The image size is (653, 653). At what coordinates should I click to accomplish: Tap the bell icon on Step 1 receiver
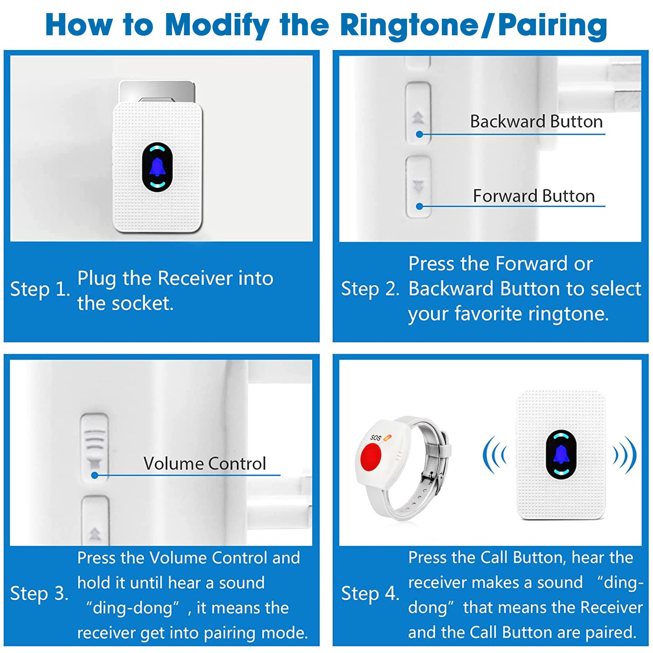pyautogui.click(x=157, y=167)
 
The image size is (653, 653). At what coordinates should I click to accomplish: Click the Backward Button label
pyautogui.click(x=536, y=121)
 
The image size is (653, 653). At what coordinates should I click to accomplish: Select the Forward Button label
pyautogui.click(x=534, y=196)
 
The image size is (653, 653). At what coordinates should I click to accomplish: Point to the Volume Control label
pyautogui.click(x=205, y=464)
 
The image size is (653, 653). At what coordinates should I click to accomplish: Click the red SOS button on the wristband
pyautogui.click(x=371, y=457)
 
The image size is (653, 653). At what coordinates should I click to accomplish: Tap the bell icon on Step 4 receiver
pyautogui.click(x=561, y=454)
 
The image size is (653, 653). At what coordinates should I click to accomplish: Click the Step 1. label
pyautogui.click(x=40, y=289)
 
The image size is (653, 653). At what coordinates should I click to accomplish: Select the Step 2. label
pyautogui.click(x=370, y=289)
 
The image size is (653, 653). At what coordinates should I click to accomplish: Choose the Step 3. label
pyautogui.click(x=40, y=594)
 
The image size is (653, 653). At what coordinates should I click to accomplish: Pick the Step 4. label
pyautogui.click(x=370, y=594)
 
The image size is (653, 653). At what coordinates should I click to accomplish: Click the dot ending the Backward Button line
pyautogui.click(x=419, y=135)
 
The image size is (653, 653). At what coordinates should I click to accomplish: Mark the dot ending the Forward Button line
pyautogui.click(x=419, y=206)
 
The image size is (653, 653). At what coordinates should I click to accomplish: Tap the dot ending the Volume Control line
pyautogui.click(x=94, y=475)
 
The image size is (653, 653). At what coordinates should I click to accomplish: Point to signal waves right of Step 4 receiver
pyautogui.click(x=626, y=454)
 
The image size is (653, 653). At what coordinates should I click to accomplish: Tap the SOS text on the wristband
pyautogui.click(x=376, y=438)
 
